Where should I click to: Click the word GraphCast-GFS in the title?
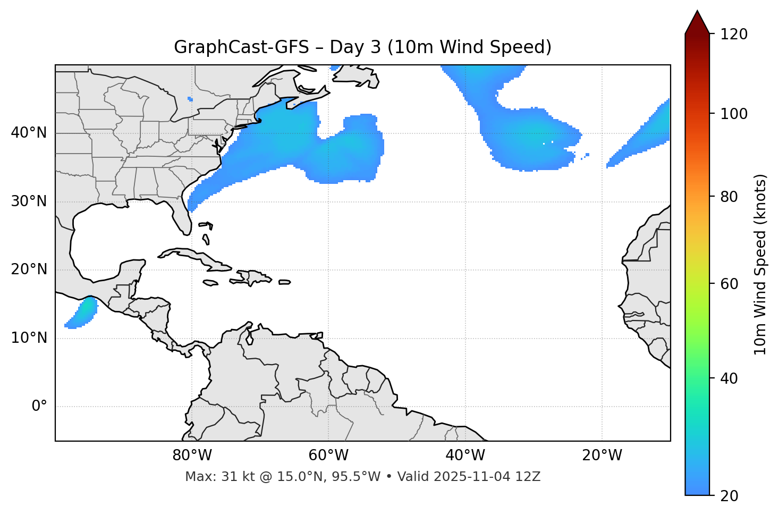tap(241, 47)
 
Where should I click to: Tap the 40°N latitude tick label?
tap(29, 133)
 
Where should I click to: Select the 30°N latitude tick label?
tap(29, 201)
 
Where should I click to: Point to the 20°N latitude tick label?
tap(29, 269)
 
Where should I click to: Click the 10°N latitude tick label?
tap(29, 338)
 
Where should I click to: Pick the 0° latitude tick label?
tap(39, 407)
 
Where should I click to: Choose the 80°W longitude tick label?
tap(192, 455)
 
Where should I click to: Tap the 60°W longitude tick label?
tap(328, 455)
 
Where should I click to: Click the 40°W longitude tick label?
tap(465, 455)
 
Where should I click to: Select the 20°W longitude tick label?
tap(602, 455)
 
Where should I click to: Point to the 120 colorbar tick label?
tap(733, 35)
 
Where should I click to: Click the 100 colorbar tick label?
tap(733, 114)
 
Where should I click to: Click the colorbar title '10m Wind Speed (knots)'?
tap(760, 264)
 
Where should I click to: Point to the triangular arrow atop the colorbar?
tap(697, 22)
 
